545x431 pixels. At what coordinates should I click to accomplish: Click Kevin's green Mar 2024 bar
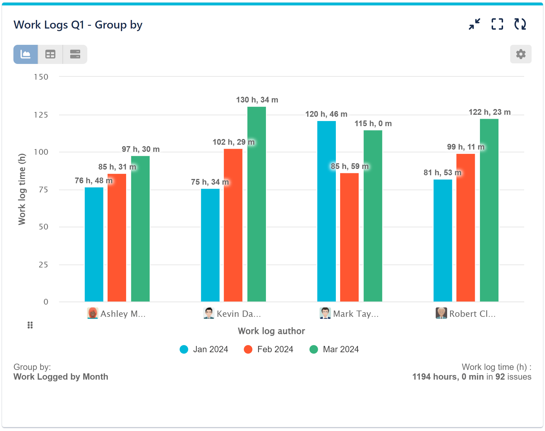(x=256, y=204)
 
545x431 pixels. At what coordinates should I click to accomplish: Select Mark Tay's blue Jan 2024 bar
(x=326, y=211)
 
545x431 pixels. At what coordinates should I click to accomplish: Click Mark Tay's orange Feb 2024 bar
(x=349, y=237)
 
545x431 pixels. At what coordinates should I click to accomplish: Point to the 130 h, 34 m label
(x=257, y=100)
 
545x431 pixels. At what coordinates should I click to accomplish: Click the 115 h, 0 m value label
(x=373, y=124)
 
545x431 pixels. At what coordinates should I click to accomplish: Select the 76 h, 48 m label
(x=93, y=181)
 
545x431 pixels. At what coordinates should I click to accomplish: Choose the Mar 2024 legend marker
(x=314, y=349)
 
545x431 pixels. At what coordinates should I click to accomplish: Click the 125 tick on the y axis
(x=41, y=115)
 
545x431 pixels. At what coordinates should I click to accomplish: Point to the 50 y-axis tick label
(x=43, y=227)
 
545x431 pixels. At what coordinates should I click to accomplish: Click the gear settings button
(x=520, y=54)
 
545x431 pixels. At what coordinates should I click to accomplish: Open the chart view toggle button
(x=26, y=54)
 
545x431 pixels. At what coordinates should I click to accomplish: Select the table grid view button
(x=50, y=54)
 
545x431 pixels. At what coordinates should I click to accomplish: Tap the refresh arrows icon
(x=520, y=24)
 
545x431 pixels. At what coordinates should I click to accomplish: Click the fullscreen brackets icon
(x=497, y=24)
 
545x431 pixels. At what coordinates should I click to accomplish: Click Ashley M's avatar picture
(x=92, y=313)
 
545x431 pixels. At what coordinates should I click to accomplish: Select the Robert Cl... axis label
(x=472, y=314)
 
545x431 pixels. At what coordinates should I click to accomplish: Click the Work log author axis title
(x=271, y=331)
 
